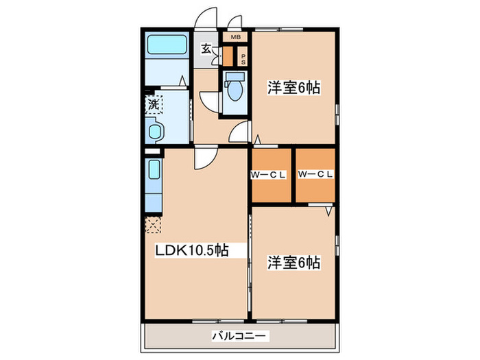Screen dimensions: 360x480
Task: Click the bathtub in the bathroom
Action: pyautogui.click(x=168, y=47)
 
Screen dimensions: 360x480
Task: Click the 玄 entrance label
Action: pyautogui.click(x=206, y=49)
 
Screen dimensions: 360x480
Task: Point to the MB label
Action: pyautogui.click(x=235, y=37)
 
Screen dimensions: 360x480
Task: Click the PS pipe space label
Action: pyautogui.click(x=243, y=58)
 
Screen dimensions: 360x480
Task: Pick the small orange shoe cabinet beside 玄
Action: pyautogui.click(x=228, y=56)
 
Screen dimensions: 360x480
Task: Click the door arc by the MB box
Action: pyautogui.click(x=235, y=21)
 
